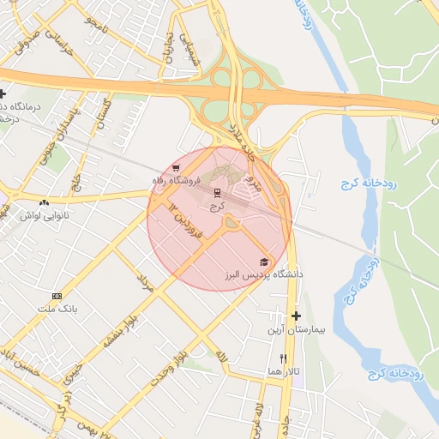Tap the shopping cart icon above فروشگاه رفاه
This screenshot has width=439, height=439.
coord(176,168)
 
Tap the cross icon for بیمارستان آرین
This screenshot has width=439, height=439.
coord(297,316)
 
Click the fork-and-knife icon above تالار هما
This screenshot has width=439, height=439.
coord(283,358)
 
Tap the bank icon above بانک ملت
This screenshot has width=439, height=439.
coord(57,295)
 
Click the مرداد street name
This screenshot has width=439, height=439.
coord(145,286)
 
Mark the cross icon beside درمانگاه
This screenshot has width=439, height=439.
coord(3,93)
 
